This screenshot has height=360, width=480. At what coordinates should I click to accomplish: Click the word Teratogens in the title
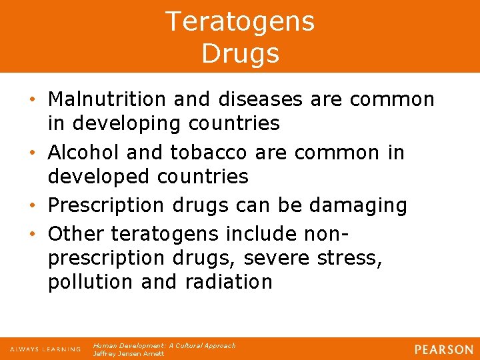pyautogui.click(x=240, y=21)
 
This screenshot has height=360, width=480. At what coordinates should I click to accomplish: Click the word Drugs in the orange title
pyautogui.click(x=240, y=53)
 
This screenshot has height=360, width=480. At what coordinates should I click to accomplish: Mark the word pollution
pyautogui.click(x=91, y=282)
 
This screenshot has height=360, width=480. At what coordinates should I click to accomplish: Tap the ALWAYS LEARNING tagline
pyautogui.click(x=45, y=349)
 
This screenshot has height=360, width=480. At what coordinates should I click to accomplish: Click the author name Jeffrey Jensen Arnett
pyautogui.click(x=128, y=354)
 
